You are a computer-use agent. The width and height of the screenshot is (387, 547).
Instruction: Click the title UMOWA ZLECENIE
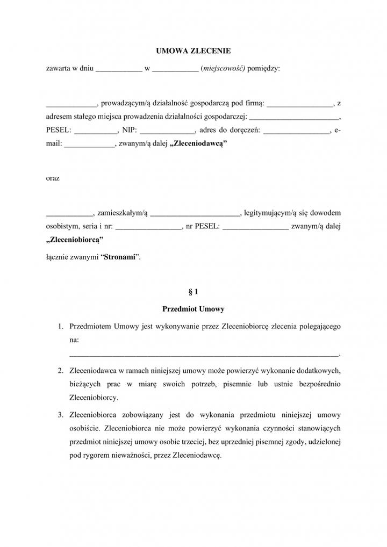(193, 51)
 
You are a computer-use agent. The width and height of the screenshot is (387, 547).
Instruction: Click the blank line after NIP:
(167, 131)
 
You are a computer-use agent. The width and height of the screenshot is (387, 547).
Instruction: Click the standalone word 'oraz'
(53, 178)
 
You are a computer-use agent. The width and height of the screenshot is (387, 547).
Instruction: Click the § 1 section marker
(193, 292)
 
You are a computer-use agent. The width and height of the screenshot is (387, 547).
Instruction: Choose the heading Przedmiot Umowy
(193, 309)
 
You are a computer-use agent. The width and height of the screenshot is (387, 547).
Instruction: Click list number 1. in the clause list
(61, 326)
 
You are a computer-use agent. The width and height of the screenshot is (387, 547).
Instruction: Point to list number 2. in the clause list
(61, 371)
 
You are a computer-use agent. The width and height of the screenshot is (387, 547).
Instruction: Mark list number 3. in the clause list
(61, 415)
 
